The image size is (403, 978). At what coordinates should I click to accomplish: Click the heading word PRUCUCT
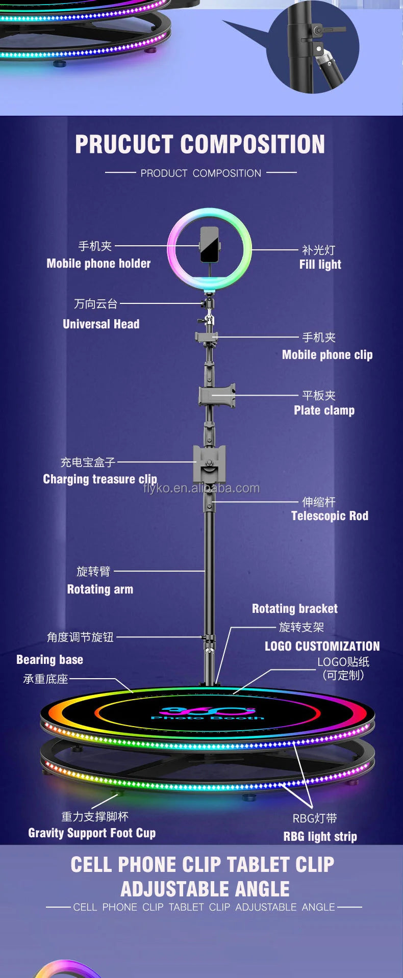pyautogui.click(x=124, y=144)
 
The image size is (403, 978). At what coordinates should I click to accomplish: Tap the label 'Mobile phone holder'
pyautogui.click(x=98, y=264)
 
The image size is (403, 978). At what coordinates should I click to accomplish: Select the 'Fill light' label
pyautogui.click(x=320, y=264)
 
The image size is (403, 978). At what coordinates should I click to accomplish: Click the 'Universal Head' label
pyautogui.click(x=101, y=324)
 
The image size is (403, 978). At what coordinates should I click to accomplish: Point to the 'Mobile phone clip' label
pyautogui.click(x=327, y=355)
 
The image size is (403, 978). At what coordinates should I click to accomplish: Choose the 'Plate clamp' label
pyautogui.click(x=324, y=410)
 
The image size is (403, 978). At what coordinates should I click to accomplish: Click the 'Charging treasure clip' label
pyautogui.click(x=100, y=479)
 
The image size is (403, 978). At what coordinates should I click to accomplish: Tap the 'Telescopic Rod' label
pyautogui.click(x=330, y=516)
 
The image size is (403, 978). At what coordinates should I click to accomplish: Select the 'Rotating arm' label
pyautogui.click(x=100, y=589)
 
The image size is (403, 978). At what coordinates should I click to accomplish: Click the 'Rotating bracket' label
pyautogui.click(x=294, y=609)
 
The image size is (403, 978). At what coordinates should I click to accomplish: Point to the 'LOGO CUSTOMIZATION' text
pyautogui.click(x=322, y=647)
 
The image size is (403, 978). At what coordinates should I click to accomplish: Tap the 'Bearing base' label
pyautogui.click(x=49, y=660)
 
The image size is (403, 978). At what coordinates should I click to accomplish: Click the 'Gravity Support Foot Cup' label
pyautogui.click(x=92, y=833)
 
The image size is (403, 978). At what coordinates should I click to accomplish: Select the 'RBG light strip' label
pyautogui.click(x=320, y=837)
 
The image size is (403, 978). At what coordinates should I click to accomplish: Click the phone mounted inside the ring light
pyautogui.click(x=210, y=244)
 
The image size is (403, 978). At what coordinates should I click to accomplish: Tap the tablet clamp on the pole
pyautogui.click(x=217, y=396)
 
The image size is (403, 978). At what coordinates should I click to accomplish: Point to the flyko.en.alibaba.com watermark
pyautogui.click(x=202, y=488)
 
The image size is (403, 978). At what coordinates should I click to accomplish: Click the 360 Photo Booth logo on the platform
pyautogui.click(x=207, y=713)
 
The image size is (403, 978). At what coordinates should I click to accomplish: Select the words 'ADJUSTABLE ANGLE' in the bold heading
pyautogui.click(x=205, y=889)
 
